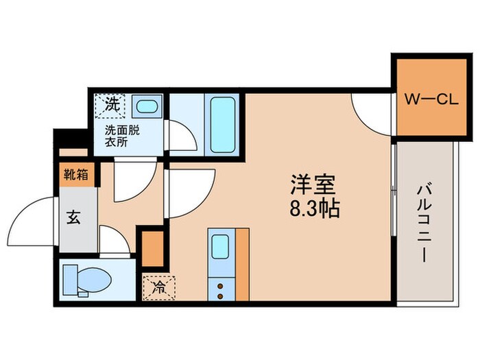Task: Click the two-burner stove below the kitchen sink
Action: tap(221, 287)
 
